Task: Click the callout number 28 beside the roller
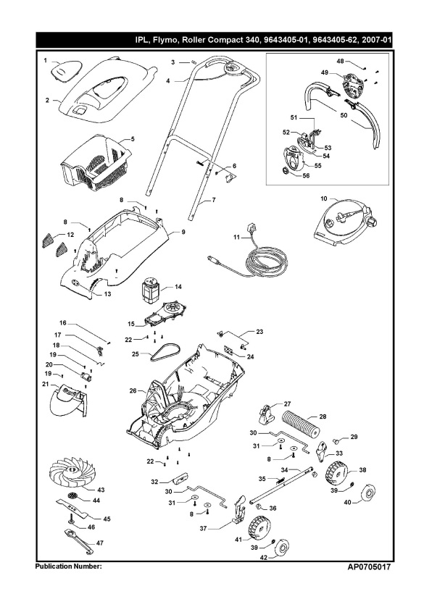click(322, 417)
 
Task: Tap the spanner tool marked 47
click(80, 537)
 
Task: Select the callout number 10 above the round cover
click(324, 197)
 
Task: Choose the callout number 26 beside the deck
click(133, 390)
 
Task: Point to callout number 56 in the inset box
click(306, 175)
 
